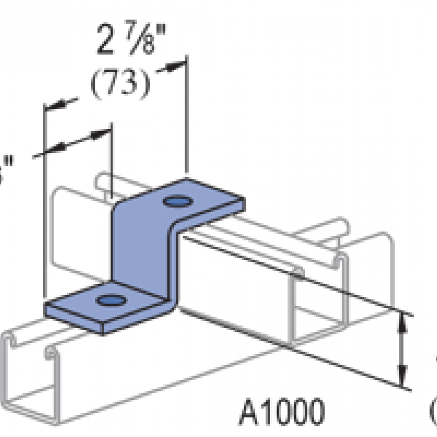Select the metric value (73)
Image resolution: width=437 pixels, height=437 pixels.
click(x=120, y=84)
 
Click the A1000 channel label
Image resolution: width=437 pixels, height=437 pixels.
click(x=281, y=412)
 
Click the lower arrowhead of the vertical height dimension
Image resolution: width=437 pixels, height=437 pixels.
click(x=403, y=377)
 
